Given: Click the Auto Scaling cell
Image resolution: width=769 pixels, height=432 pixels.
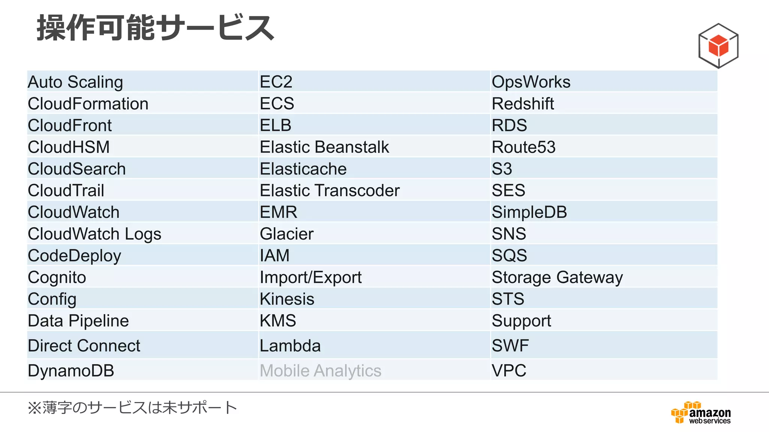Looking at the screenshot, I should (x=75, y=82).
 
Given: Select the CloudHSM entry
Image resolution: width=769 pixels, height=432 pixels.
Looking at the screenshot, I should (x=69, y=147).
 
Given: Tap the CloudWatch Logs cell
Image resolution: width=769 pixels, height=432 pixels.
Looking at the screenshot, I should (x=95, y=234).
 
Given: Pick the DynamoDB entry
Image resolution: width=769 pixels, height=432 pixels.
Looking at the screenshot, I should (x=71, y=370).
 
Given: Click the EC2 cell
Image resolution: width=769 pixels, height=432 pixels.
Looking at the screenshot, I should (x=276, y=82).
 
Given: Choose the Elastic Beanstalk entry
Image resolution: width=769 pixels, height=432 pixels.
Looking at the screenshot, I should (x=324, y=147).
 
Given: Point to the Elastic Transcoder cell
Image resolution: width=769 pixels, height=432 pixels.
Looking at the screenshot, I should (x=330, y=190).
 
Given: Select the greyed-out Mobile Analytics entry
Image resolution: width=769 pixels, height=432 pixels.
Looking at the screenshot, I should (x=321, y=370).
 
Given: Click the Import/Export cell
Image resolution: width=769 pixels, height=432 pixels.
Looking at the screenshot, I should (x=311, y=277).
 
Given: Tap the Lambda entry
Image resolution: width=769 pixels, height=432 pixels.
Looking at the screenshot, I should (x=290, y=346).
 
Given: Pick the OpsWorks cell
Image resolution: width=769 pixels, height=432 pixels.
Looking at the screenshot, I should (x=531, y=82).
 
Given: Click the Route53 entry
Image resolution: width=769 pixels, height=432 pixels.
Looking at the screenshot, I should (x=523, y=147).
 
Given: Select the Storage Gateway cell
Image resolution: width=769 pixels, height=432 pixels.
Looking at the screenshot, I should (x=557, y=277).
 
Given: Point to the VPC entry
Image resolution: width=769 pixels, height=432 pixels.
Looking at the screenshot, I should (x=509, y=370).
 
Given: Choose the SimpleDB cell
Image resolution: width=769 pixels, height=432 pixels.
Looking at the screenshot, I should (x=529, y=212).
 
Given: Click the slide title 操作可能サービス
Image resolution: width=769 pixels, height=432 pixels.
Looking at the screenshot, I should (x=155, y=28).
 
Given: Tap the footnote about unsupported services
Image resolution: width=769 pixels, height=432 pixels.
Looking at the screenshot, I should (x=132, y=408).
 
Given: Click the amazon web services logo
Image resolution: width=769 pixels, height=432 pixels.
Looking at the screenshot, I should (x=701, y=413).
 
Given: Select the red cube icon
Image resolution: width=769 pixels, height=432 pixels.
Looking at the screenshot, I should (x=718, y=46).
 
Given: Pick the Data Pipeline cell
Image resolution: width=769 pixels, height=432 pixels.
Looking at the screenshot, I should (x=78, y=321).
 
